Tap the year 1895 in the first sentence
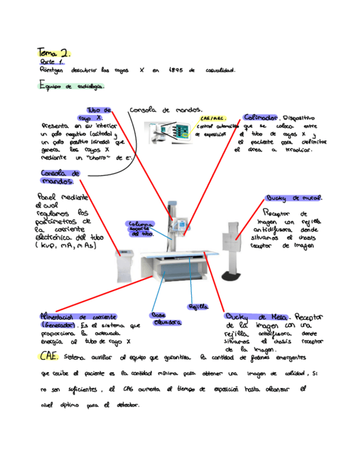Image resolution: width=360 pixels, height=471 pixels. click(x=176, y=71)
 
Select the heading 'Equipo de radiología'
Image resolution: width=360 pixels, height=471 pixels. click(x=71, y=87)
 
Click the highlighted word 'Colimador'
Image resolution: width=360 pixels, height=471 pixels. click(x=261, y=118)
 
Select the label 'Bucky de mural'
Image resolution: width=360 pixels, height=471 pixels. click(x=294, y=198)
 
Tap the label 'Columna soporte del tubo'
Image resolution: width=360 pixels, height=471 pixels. click(x=140, y=229)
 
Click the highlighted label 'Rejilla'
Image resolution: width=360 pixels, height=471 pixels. click(x=198, y=306)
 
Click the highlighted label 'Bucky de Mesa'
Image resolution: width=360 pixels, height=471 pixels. click(x=256, y=317)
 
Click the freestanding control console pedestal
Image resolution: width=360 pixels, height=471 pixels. click(x=126, y=267)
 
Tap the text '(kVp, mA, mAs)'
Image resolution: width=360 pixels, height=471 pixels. click(x=66, y=245)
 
